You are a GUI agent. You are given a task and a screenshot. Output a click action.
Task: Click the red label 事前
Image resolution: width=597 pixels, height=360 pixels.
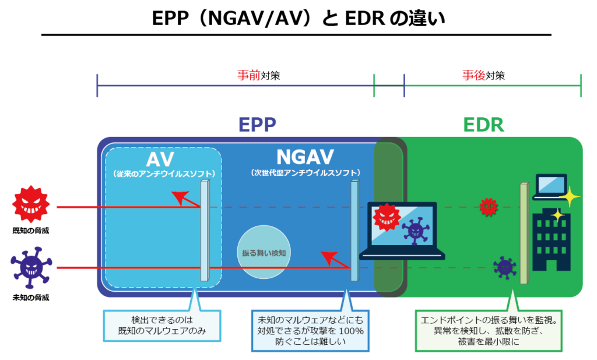[x=248, y=76]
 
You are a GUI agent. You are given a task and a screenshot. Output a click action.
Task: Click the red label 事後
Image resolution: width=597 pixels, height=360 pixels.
[x=474, y=76]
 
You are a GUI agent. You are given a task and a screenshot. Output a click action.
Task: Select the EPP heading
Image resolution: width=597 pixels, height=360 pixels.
[x=257, y=125]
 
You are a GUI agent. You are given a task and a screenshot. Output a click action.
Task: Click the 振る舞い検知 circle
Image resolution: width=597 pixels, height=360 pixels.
[x=264, y=253]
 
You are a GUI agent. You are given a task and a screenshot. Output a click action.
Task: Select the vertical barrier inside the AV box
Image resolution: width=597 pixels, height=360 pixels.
[x=204, y=230]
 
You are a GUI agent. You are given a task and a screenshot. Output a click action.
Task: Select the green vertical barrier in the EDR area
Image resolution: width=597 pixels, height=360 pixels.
[x=524, y=233]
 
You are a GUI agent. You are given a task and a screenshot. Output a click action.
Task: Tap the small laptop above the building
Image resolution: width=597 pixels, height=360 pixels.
[x=549, y=186]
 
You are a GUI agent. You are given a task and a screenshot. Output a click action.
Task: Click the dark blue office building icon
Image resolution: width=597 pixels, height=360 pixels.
[x=551, y=240]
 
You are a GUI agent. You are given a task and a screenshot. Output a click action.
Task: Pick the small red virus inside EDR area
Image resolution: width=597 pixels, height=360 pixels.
[x=489, y=206]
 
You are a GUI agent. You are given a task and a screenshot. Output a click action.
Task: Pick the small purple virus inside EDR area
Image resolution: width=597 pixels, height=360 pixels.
[x=504, y=267]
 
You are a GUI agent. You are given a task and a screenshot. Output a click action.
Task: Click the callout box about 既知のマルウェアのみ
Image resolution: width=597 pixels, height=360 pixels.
[x=161, y=327]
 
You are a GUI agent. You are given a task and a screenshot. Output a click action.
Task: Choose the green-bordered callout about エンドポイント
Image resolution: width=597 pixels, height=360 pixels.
[x=489, y=330]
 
